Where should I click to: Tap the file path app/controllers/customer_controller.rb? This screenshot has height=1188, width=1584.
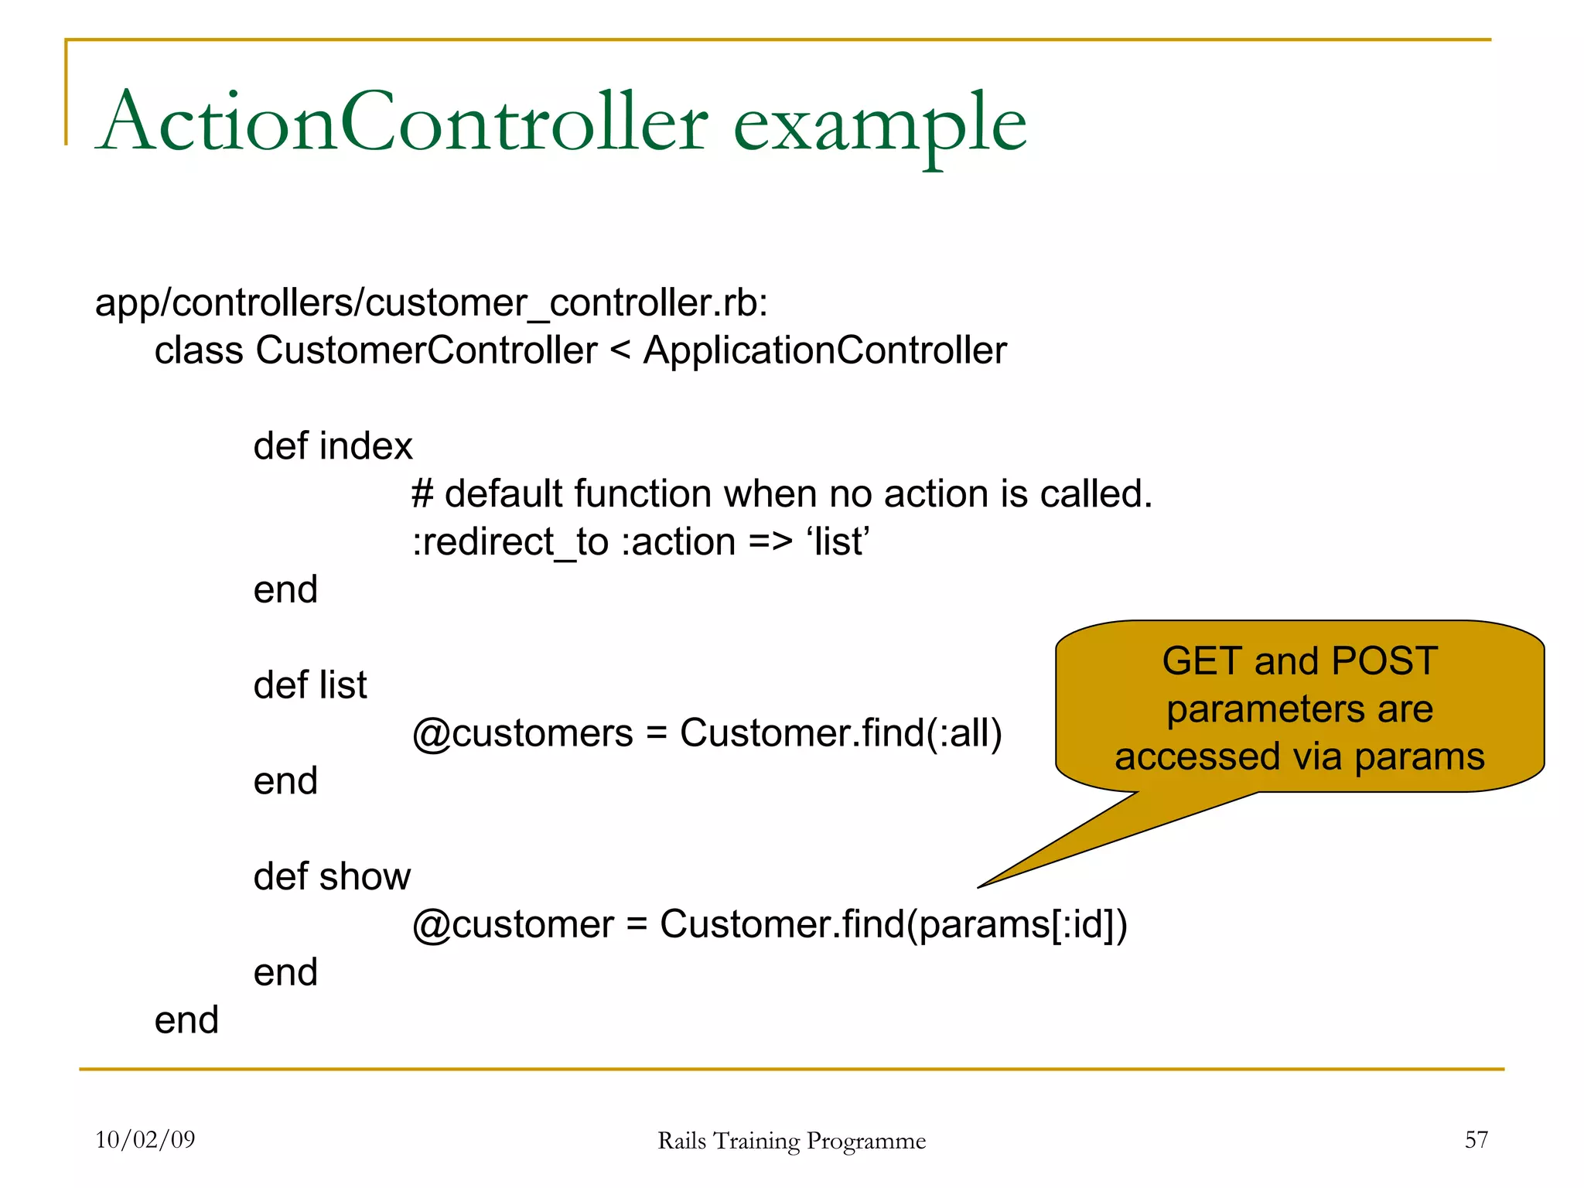pyautogui.click(x=432, y=303)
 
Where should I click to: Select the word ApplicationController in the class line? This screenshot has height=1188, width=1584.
pyautogui.click(x=824, y=351)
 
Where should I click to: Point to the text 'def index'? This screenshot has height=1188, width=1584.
pyautogui.click(x=333, y=447)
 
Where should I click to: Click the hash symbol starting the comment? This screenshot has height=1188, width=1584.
pyautogui.click(x=422, y=494)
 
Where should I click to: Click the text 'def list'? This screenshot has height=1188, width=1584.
pyautogui.click(x=310, y=686)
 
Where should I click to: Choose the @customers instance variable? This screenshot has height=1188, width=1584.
pyautogui.click(x=522, y=733)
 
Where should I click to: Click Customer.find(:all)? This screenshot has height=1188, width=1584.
pyautogui.click(x=841, y=733)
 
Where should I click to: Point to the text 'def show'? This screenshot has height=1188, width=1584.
pyautogui.click(x=332, y=877)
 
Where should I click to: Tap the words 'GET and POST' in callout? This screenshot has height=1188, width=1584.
pyautogui.click(x=1299, y=662)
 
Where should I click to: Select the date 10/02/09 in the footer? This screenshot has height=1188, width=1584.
pyautogui.click(x=145, y=1139)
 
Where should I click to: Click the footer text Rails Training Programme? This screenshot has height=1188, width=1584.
pyautogui.click(x=791, y=1141)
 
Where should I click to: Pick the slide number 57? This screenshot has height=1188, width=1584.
pyautogui.click(x=1476, y=1139)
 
